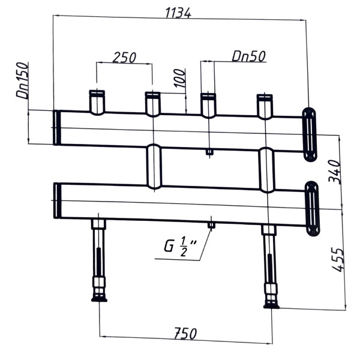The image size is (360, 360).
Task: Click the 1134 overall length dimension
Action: (178, 13)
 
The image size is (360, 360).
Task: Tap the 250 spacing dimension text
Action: (124, 58)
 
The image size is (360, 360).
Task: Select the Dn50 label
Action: (249, 56)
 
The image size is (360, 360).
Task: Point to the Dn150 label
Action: (23, 80)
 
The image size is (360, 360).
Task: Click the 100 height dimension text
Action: (180, 78)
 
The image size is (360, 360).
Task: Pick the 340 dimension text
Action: (334, 171)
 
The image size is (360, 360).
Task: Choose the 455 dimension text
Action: (338, 259)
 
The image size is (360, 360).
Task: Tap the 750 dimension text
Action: (185, 334)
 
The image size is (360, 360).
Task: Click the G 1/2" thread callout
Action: (181, 247)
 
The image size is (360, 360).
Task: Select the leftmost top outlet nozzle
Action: (97, 103)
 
